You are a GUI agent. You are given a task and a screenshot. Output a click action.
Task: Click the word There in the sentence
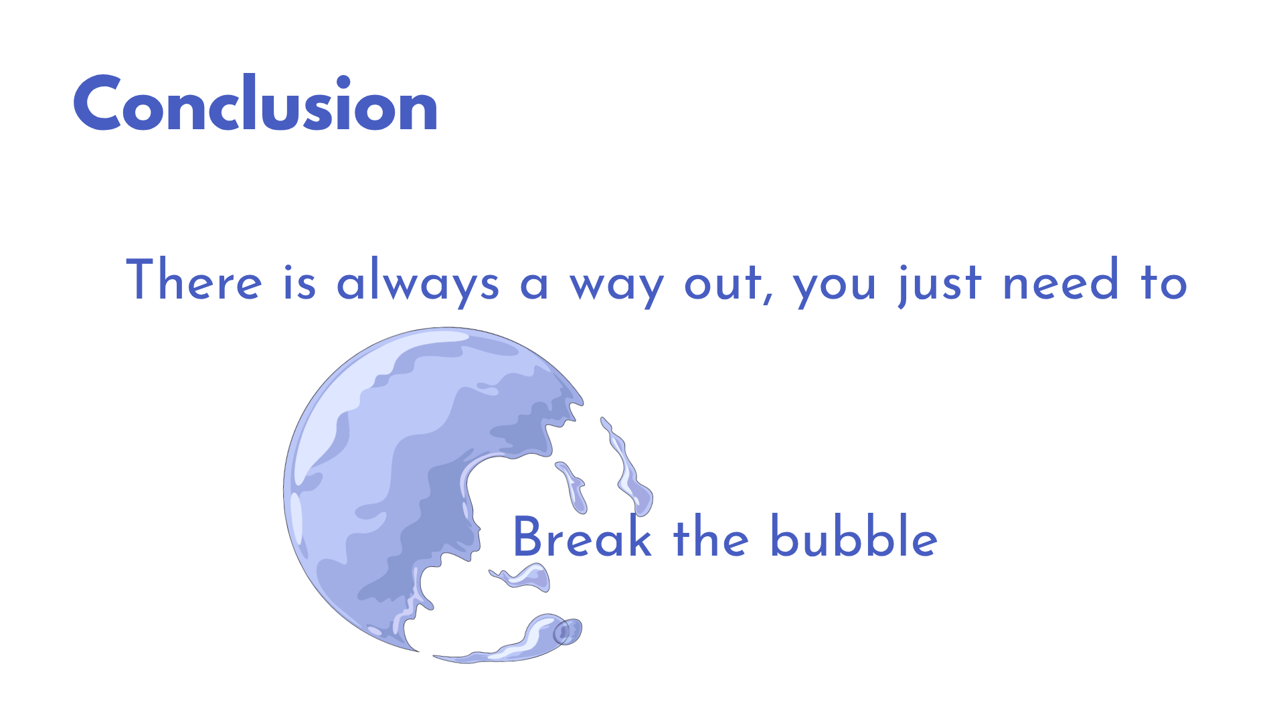[x=194, y=280]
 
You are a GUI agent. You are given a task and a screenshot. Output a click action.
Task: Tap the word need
[x=1060, y=280]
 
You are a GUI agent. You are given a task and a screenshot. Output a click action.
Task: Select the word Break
[x=582, y=536]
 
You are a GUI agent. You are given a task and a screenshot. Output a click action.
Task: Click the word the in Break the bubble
[x=711, y=536]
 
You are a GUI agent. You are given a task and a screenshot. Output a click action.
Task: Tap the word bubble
[x=853, y=536]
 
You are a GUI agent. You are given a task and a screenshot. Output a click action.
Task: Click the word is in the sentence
[x=299, y=281]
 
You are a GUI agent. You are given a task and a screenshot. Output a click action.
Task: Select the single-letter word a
[x=534, y=284]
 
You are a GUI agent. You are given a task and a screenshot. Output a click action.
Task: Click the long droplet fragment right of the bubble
[x=627, y=467]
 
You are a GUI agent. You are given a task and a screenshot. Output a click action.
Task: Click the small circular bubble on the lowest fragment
[x=567, y=631]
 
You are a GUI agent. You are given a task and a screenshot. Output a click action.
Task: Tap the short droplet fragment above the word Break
[x=572, y=487]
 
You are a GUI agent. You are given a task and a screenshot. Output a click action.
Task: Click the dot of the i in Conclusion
[x=343, y=82]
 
